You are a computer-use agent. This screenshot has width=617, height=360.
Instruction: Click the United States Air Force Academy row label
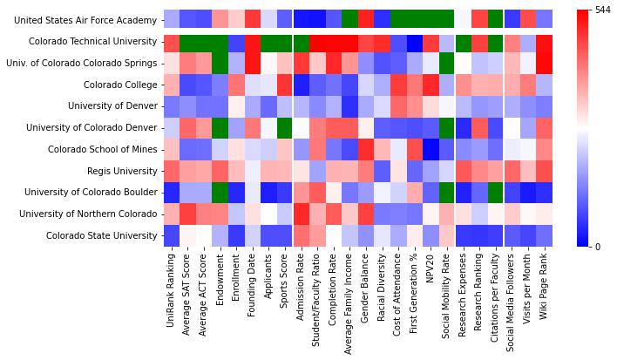[x=85, y=19]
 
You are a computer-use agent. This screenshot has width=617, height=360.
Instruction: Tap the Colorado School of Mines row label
[x=98, y=148]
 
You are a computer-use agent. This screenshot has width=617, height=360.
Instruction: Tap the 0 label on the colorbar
[x=595, y=246]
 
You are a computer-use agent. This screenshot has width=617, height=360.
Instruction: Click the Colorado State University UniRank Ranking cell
[x=171, y=234]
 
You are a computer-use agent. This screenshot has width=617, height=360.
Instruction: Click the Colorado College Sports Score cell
[x=284, y=85]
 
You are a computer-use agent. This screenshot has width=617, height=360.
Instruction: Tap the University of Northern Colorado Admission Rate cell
[x=301, y=213]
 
